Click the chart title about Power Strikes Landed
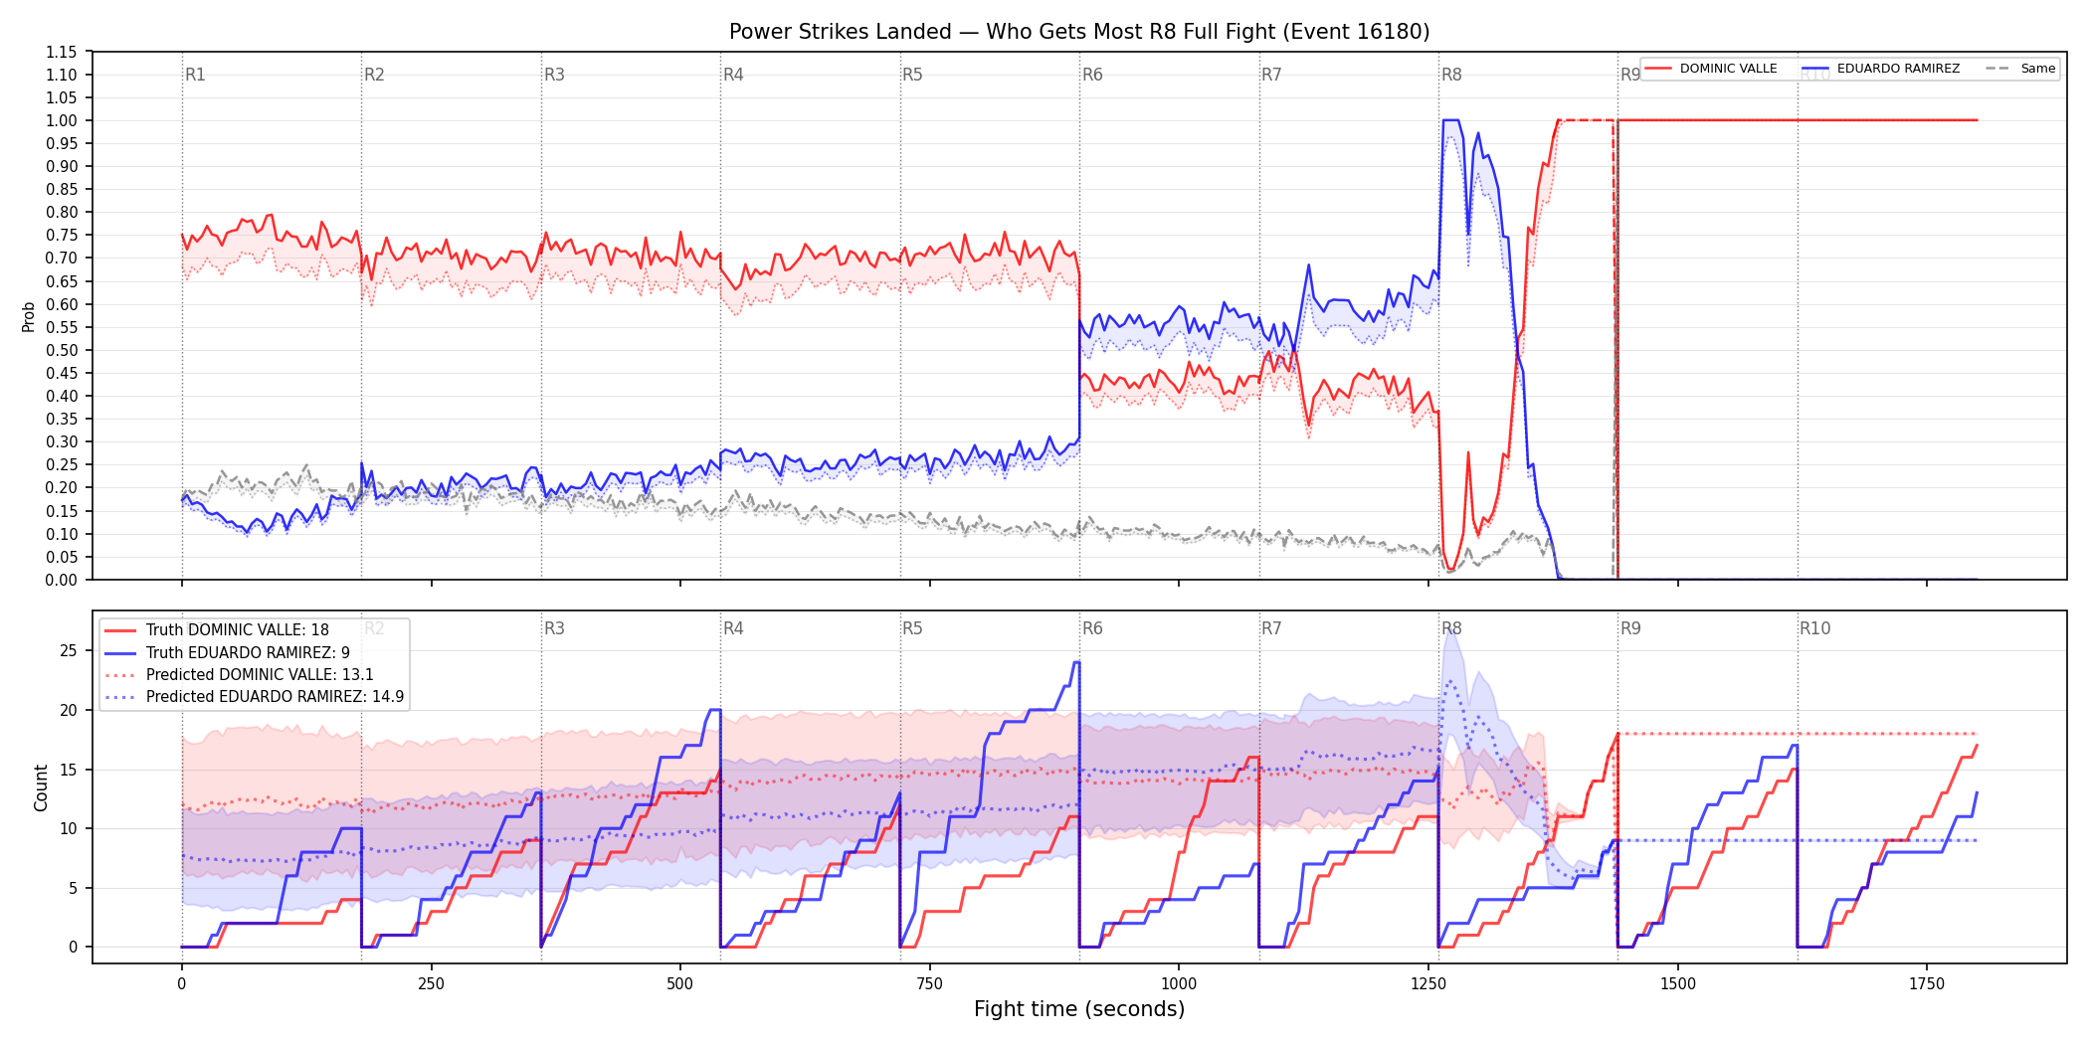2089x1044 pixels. pos(1079,32)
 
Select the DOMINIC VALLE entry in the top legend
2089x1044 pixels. pos(1711,69)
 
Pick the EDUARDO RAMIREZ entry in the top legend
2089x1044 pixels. pos(1881,69)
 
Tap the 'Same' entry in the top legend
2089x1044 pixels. pos(2020,69)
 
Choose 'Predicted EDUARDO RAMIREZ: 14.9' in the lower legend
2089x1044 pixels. pos(255,697)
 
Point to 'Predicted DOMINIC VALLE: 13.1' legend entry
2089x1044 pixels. pos(240,675)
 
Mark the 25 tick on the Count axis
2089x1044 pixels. pos(69,651)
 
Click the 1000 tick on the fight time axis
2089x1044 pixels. pos(1179,984)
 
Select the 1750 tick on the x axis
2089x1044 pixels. pos(1927,984)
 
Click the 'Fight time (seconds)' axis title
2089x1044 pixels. pos(1079,1009)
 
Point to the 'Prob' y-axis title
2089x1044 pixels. pos(29,316)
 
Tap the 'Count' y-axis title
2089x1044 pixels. pos(41,787)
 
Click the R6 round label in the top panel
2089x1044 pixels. pos(1092,75)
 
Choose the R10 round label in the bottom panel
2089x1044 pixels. pos(1814,628)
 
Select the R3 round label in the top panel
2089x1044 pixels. pos(554,75)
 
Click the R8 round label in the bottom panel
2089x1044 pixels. pos(1451,628)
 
